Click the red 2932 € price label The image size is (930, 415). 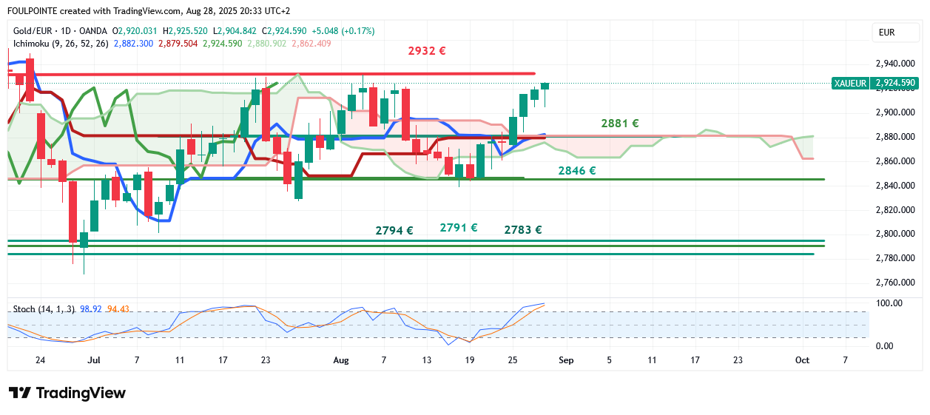427,51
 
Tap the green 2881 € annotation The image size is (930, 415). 620,124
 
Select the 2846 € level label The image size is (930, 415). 577,171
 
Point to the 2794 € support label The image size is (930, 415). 394,230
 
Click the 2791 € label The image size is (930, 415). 459,228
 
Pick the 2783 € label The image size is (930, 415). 523,230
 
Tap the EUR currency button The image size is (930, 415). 886,33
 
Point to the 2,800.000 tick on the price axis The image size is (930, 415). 894,234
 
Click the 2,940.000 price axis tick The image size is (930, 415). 894,64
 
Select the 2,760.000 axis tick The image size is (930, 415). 894,283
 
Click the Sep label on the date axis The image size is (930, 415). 566,360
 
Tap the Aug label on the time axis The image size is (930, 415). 341,360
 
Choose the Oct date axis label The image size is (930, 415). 802,360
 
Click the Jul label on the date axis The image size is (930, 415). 93,360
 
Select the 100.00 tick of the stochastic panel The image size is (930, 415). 889,303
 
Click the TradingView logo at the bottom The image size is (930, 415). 67,393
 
